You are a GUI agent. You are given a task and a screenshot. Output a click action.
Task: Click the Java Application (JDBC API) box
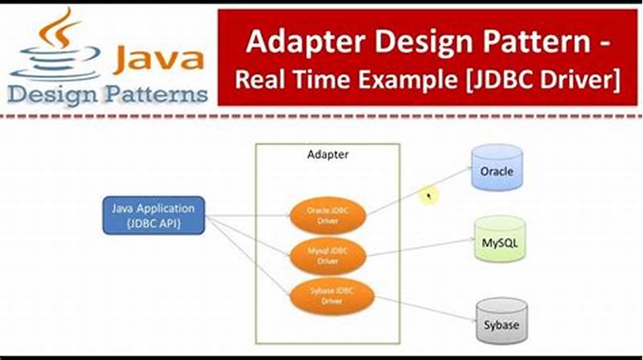tap(154, 215)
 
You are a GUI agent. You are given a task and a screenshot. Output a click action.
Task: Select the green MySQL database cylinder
tap(499, 239)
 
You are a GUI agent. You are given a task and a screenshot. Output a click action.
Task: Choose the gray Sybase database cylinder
tap(500, 322)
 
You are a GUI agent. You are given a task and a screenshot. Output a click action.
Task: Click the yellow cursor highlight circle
tap(431, 194)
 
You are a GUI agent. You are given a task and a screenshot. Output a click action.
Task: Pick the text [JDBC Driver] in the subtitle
tap(540, 80)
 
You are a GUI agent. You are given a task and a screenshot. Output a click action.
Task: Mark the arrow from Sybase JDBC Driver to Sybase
tap(422, 309)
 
